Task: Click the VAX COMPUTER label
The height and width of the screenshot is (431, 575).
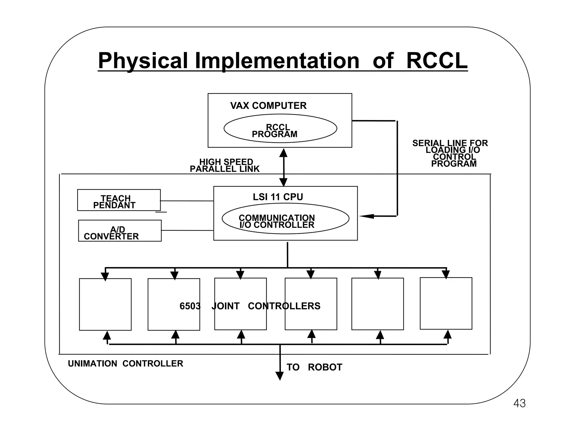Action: (x=268, y=106)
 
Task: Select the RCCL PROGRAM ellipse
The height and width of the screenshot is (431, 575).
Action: (x=280, y=129)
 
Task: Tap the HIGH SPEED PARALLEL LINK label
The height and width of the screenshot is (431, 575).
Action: (x=225, y=166)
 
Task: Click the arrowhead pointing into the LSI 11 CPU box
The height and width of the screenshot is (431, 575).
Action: (x=367, y=216)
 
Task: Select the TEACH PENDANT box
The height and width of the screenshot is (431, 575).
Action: (x=119, y=200)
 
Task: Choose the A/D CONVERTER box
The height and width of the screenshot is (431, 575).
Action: (x=120, y=231)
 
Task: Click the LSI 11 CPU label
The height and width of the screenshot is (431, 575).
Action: (x=278, y=197)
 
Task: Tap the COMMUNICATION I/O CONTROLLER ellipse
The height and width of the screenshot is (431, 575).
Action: (x=285, y=219)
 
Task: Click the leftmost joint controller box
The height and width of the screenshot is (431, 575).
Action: (x=105, y=304)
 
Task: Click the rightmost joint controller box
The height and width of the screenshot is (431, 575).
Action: (x=446, y=304)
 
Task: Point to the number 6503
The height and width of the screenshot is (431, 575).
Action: (x=190, y=306)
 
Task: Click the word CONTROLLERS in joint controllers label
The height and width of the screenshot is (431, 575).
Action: (x=284, y=306)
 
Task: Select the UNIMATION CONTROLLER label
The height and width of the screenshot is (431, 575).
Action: (x=126, y=364)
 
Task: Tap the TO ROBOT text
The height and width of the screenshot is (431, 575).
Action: (x=314, y=367)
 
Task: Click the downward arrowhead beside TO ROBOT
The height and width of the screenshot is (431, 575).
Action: (x=280, y=376)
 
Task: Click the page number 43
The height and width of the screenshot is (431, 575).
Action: (x=519, y=404)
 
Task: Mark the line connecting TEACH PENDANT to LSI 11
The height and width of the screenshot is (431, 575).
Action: (x=187, y=201)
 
